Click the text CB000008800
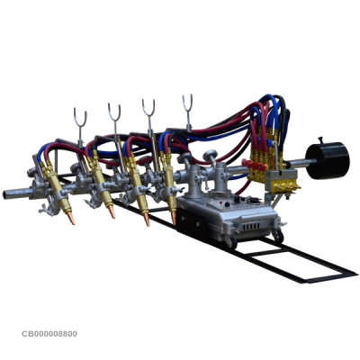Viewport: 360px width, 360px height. [x=49, y=334]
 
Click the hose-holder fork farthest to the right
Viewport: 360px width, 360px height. [x=188, y=103]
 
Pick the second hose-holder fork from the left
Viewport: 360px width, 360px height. [x=114, y=113]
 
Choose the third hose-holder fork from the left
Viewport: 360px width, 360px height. [x=149, y=108]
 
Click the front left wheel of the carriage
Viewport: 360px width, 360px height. [x=229, y=243]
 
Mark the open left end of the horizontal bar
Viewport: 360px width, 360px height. [x=9, y=193]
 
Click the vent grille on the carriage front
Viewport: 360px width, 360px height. [x=247, y=220]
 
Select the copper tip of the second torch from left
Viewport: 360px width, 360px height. [x=110, y=211]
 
